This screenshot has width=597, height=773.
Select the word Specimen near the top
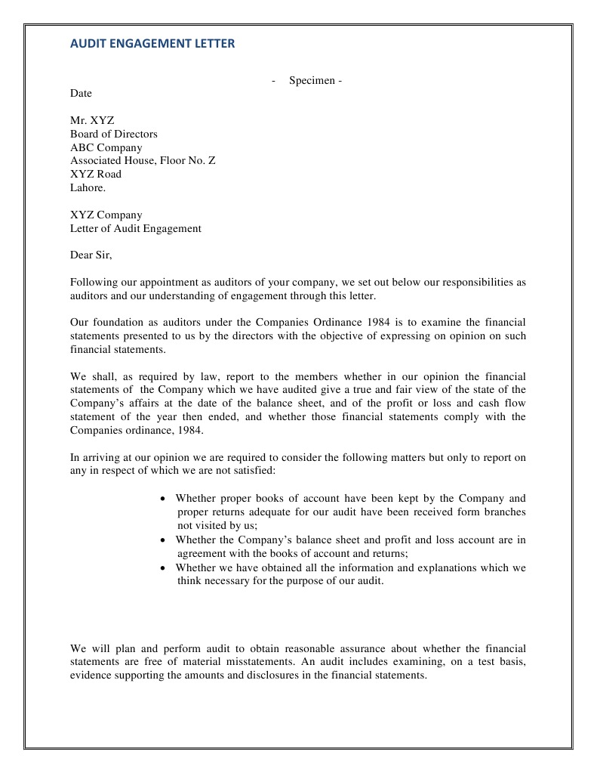pyautogui.click(x=312, y=81)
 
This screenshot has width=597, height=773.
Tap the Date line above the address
pyautogui.click(x=81, y=94)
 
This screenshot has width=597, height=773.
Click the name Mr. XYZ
pyautogui.click(x=92, y=121)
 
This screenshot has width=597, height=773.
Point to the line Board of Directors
pyautogui.click(x=114, y=135)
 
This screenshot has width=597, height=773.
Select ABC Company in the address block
pyautogui.click(x=106, y=148)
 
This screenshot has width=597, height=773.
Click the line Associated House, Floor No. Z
pyautogui.click(x=143, y=161)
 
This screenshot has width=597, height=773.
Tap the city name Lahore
pyautogui.click(x=88, y=187)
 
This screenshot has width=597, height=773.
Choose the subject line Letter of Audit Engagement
pyautogui.click(x=136, y=228)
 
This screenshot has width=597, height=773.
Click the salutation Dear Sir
pyautogui.click(x=91, y=255)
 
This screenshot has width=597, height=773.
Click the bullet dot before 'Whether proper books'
pyautogui.click(x=164, y=499)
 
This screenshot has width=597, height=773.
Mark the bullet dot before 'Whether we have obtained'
pyautogui.click(x=164, y=568)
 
